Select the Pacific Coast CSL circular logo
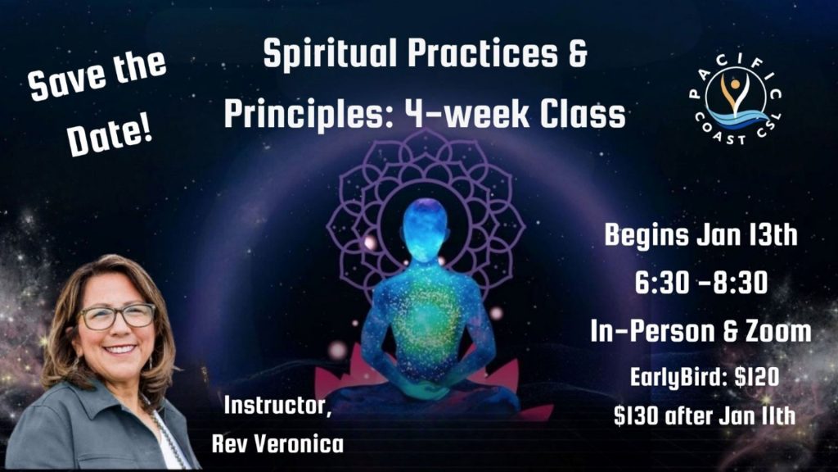736,99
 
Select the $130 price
635,416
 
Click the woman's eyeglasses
117,316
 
